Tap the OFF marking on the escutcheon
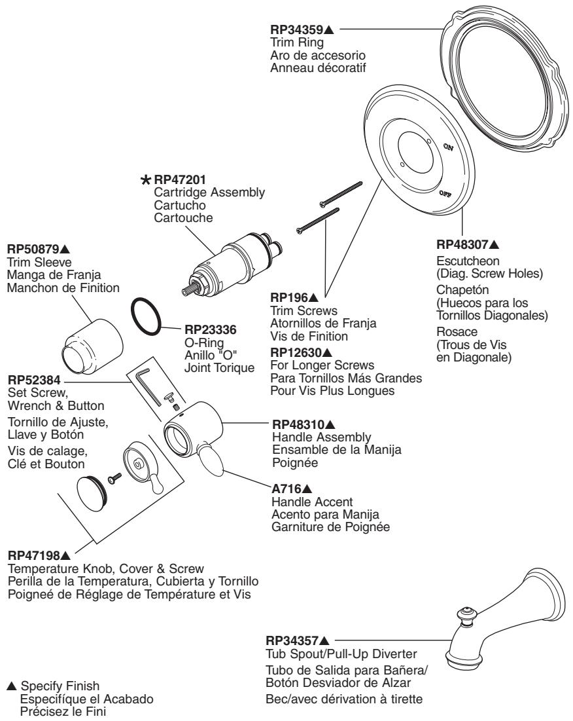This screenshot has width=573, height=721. [447, 193]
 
